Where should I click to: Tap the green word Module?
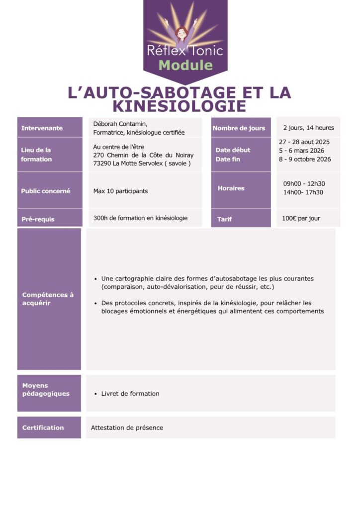coord(185,65)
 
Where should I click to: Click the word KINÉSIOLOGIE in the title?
coord(180,106)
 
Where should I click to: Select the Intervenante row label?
coord(42,128)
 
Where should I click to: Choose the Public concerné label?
coord(46,191)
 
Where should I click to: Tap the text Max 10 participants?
coord(120,191)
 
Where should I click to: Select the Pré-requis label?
coord(38,219)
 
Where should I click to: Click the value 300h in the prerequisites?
coord(101,218)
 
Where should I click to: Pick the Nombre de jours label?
coord(239,128)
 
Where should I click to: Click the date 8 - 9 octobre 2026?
coord(305,160)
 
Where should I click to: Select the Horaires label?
coord(231,188)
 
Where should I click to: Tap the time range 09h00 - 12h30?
coord(304,184)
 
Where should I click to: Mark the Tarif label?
coord(225,219)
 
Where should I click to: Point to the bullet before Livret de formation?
coord(95,394)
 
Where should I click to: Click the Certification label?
coord(43,427)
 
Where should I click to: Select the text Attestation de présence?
coord(127,427)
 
